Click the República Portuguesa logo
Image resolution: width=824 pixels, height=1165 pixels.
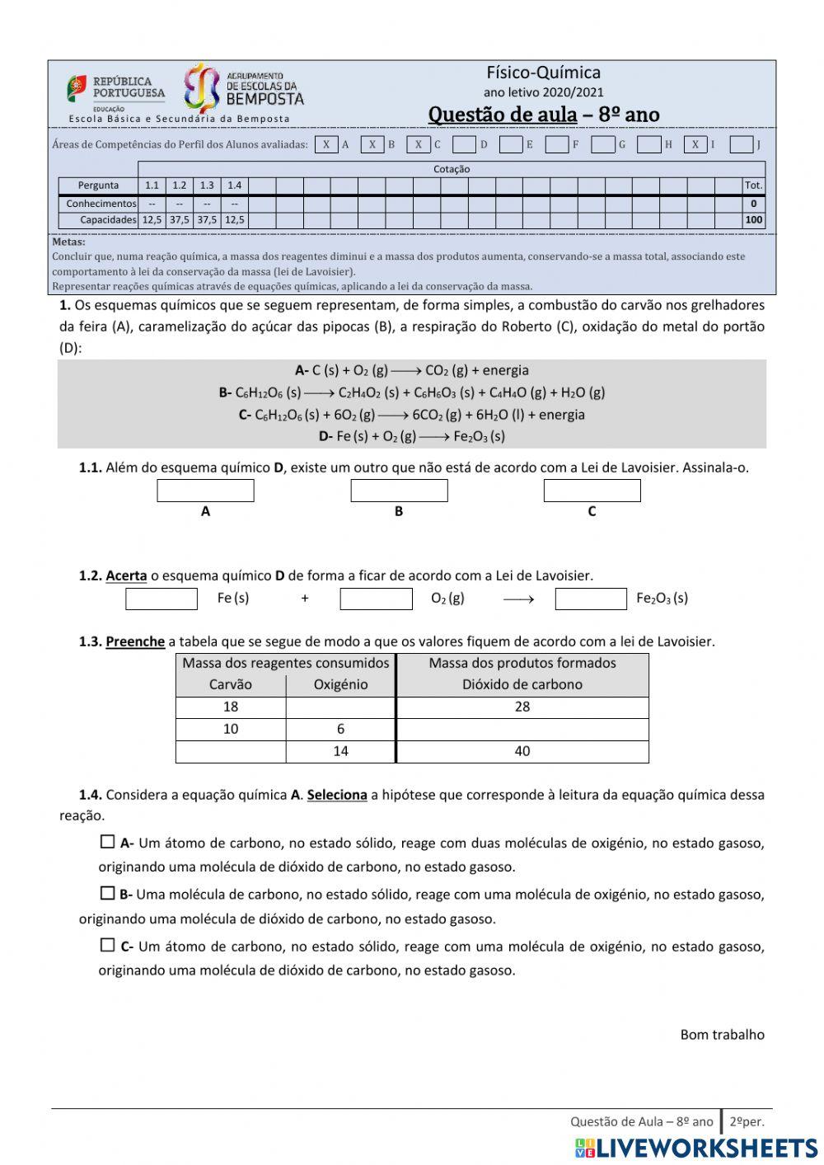pyautogui.click(x=115, y=89)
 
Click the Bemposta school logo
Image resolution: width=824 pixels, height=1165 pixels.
pyautogui.click(x=243, y=88)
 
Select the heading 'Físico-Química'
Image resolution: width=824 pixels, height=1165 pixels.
pyautogui.click(x=543, y=73)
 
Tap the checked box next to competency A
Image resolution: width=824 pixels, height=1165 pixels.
pyautogui.click(x=326, y=144)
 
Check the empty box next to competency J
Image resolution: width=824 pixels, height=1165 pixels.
pyautogui.click(x=741, y=144)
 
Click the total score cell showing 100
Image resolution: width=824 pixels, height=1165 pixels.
pyautogui.click(x=753, y=220)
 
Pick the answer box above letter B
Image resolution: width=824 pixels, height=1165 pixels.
pyautogui.click(x=399, y=491)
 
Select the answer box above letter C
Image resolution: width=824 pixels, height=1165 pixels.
pyautogui.click(x=592, y=491)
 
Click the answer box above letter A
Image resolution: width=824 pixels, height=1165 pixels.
pyautogui.click(x=205, y=491)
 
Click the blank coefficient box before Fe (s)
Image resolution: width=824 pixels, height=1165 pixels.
pyautogui.click(x=162, y=599)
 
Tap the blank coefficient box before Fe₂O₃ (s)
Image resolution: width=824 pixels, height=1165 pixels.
pyautogui.click(x=591, y=599)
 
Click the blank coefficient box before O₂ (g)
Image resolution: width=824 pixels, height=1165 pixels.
pyautogui.click(x=376, y=599)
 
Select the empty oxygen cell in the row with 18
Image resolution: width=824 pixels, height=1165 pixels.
pyautogui.click(x=340, y=707)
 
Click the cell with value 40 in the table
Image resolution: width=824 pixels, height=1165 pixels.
pyautogui.click(x=522, y=751)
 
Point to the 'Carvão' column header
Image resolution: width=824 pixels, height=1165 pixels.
pyautogui.click(x=231, y=684)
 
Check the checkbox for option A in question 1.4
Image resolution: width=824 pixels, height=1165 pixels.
pyautogui.click(x=107, y=842)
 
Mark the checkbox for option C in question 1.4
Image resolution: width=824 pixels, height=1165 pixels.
pyautogui.click(x=107, y=945)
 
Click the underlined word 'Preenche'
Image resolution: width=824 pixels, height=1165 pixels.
pyautogui.click(x=135, y=641)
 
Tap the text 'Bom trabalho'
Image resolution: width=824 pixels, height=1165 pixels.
pyautogui.click(x=722, y=1034)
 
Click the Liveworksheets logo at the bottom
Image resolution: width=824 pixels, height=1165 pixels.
pyautogui.click(x=696, y=1148)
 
